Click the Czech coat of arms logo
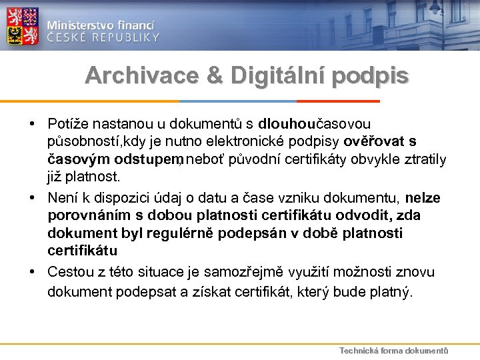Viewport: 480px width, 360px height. [x=23, y=25]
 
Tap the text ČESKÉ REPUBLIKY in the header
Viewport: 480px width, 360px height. [x=103, y=37]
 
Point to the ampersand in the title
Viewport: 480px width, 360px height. [x=215, y=77]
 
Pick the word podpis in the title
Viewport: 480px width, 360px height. [x=374, y=77]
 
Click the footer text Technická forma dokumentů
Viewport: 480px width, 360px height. [x=393, y=351]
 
